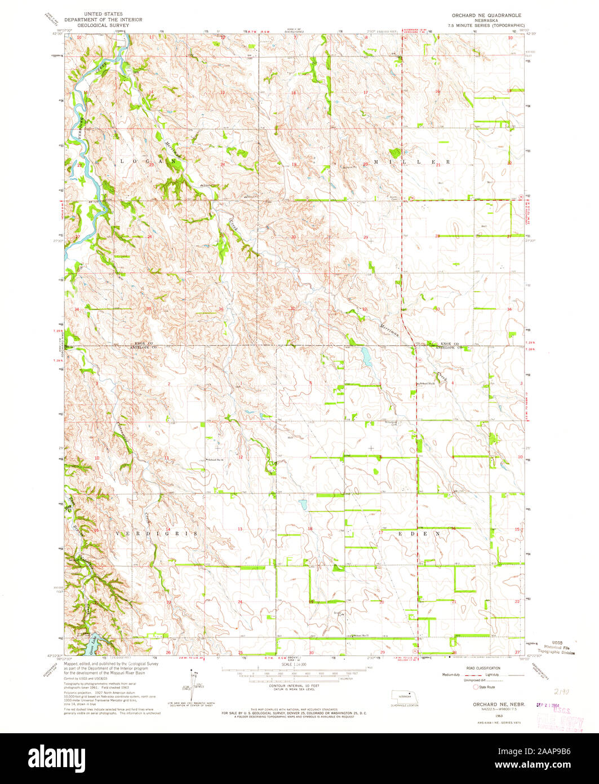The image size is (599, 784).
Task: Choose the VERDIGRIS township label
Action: (x=157, y=533)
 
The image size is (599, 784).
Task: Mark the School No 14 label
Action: (x=216, y=460)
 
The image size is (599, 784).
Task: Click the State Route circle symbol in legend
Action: (x=476, y=688)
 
